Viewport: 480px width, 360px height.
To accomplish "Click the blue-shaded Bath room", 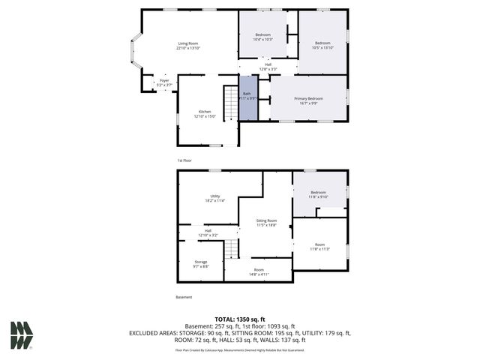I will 247,104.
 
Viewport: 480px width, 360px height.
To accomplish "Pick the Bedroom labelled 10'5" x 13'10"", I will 322,46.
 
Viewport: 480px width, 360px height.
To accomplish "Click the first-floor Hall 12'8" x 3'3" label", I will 268,67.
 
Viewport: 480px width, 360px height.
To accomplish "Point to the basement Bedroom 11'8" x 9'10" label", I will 319,194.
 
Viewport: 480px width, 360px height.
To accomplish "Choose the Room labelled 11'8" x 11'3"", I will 319,247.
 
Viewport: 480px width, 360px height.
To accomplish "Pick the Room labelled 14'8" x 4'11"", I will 259,271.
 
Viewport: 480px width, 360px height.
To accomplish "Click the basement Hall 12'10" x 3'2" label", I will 208,232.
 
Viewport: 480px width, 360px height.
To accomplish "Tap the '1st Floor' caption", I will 185,160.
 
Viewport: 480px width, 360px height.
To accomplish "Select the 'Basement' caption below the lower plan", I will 184,297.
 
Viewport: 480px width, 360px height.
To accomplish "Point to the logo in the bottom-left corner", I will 22,335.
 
